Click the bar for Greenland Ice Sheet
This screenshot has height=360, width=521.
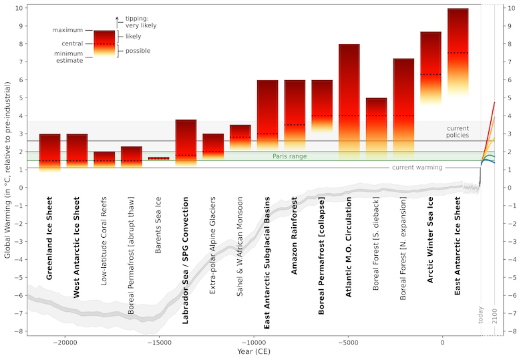coord(49,152)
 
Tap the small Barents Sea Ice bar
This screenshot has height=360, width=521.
coord(158,158)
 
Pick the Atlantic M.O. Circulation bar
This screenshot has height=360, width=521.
coord(349,100)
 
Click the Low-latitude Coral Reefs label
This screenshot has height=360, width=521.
coord(104,241)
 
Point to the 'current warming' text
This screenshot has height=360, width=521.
coord(417,168)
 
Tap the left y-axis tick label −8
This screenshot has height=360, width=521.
coord(22,331)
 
